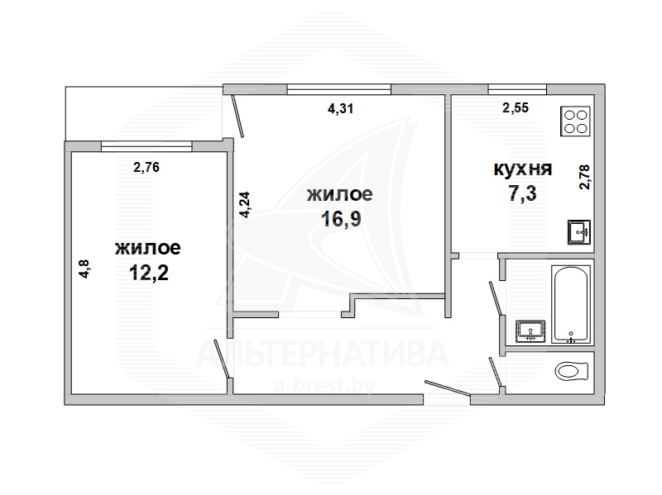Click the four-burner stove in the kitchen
575,121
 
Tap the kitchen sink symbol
578,232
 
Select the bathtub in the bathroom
571,304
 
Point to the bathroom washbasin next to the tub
530,331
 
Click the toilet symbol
572,372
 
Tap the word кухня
523,169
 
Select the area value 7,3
523,193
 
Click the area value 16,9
341,219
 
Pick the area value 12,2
148,273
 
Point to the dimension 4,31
340,109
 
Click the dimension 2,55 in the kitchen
516,108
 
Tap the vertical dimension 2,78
584,177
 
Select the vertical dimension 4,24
245,204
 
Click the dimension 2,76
146,168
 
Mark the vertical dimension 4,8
84,269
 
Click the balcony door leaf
237,117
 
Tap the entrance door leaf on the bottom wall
448,388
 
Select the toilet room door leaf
495,372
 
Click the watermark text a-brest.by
324,386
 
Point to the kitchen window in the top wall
517,89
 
